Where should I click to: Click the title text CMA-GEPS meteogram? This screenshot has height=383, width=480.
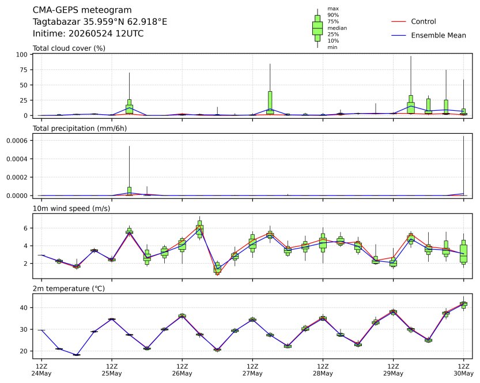point(82,10)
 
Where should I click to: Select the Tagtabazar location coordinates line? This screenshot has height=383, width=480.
point(100,22)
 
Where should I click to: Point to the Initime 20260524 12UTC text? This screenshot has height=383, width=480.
point(88,33)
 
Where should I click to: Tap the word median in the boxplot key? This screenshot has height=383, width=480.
point(337,28)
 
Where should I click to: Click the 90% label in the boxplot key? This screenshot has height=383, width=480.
point(333,15)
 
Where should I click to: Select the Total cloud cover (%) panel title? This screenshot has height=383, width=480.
point(69,48)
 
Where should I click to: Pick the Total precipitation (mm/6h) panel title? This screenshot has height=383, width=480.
point(80,129)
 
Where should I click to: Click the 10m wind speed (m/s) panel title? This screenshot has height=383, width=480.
point(71,209)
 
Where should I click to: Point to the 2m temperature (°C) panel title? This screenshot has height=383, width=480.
point(69,288)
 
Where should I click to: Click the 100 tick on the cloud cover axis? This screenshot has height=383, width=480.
point(22,55)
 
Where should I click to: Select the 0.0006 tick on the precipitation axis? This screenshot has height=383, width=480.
point(17,141)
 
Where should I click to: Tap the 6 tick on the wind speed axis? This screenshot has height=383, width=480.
point(25,228)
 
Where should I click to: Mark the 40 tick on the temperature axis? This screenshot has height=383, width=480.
point(24,307)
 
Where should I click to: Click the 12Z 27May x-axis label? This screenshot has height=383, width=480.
point(252,370)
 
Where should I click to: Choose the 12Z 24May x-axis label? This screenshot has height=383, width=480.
point(41,370)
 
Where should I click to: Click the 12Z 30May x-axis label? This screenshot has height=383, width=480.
point(463,370)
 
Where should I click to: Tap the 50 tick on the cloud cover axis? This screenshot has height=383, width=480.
point(24,85)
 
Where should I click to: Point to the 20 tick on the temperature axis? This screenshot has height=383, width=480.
point(24,351)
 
